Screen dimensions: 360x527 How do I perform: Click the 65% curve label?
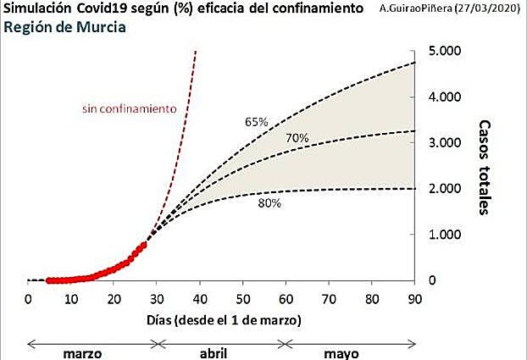point(256,122)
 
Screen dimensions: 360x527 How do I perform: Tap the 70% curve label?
point(297,138)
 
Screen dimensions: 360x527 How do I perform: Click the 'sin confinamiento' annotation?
point(129,108)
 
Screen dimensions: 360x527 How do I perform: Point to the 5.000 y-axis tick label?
point(444,51)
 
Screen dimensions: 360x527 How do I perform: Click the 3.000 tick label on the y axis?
point(444,142)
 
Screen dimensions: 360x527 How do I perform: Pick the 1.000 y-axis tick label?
point(444,234)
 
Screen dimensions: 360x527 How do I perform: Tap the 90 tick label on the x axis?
point(414,298)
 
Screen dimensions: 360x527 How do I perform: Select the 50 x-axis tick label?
point(242,298)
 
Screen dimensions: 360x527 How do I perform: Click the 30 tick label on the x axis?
point(157,298)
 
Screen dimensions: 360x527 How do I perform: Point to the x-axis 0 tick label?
point(28,298)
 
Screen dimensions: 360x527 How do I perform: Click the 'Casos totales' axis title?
point(485,167)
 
